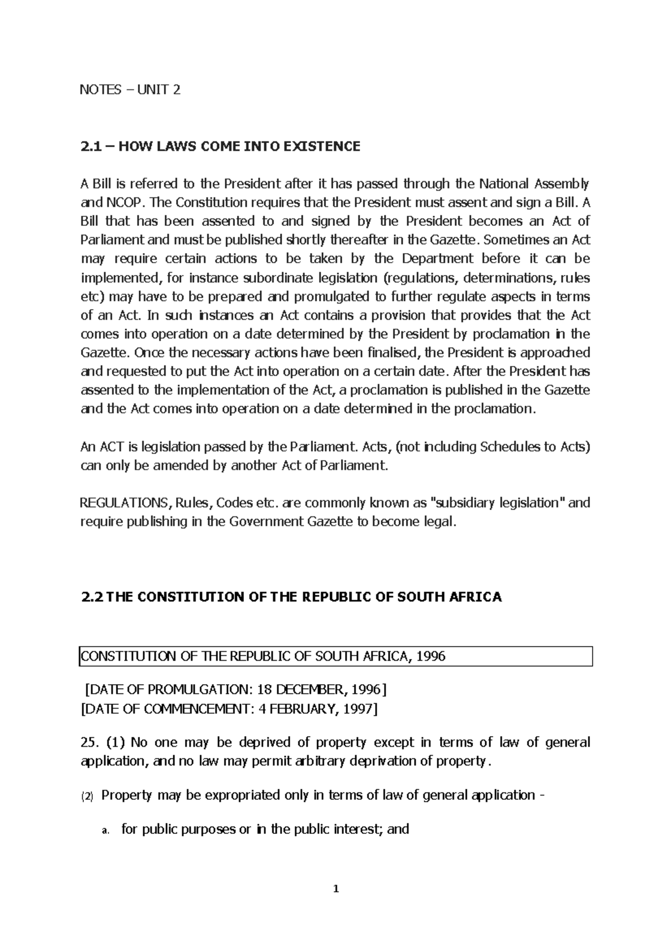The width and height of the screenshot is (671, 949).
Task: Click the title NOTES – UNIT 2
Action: click(x=131, y=90)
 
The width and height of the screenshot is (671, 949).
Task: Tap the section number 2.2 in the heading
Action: click(x=92, y=597)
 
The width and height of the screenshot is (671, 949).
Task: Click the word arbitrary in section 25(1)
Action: click(x=320, y=761)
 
